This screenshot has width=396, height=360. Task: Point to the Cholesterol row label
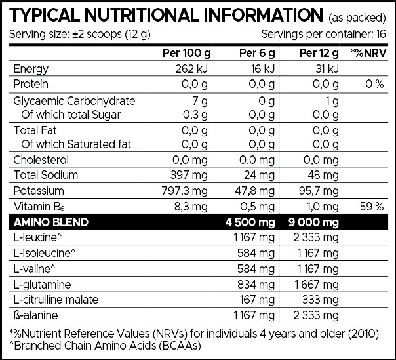tap(41, 159)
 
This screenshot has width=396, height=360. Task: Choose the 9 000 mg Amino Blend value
tap(313, 222)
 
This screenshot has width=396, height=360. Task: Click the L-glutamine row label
tap(41, 285)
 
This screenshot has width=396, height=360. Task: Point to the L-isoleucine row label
tap(44, 253)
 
